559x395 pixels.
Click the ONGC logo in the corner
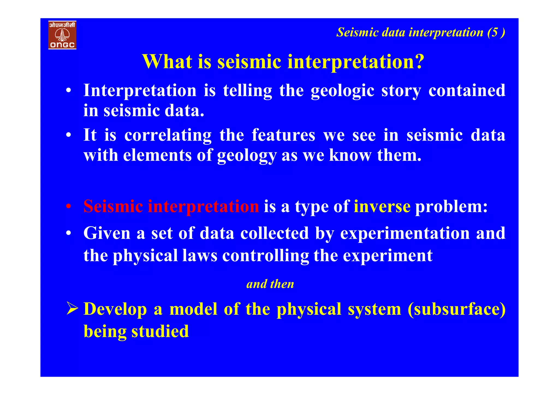[x=62, y=35]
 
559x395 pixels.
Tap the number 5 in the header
[x=495, y=32]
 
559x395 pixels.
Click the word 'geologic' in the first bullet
[x=342, y=91]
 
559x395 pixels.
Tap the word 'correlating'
[x=168, y=135]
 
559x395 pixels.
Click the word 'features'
[x=283, y=135]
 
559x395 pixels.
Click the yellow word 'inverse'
[x=382, y=206]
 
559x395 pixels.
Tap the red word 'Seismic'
[x=113, y=206]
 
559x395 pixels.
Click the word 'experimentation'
[x=405, y=234]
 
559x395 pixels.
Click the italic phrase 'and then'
[x=270, y=284]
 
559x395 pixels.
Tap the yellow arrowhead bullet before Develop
[x=72, y=309]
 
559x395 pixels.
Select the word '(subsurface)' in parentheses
[x=456, y=309]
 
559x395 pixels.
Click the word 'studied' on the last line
[x=160, y=331]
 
